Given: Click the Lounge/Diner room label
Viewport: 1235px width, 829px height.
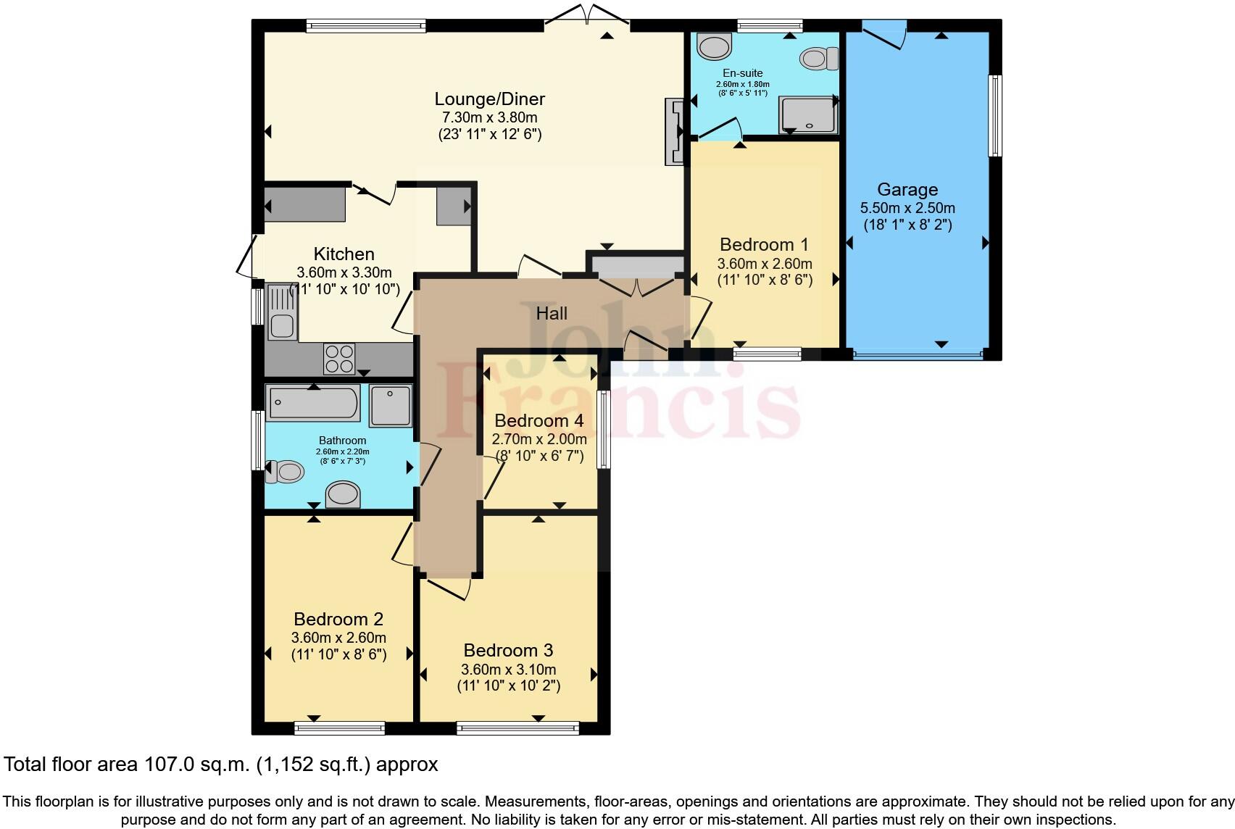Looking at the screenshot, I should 489,99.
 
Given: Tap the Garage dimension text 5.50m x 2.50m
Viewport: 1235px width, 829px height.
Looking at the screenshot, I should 907,208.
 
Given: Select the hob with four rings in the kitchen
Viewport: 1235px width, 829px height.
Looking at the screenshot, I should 339,358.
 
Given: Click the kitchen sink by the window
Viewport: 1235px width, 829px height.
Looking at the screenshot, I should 281,312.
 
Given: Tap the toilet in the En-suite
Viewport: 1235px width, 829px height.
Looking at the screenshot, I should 819,58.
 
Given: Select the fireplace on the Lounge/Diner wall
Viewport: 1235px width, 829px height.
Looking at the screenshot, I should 674,132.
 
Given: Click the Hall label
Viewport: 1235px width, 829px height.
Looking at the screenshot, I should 552,314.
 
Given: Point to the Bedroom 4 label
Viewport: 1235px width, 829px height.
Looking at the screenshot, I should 539,421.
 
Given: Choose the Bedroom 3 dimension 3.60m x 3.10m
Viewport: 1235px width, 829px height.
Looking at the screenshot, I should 508,669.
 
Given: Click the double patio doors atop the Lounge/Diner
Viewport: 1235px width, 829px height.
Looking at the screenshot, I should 587,16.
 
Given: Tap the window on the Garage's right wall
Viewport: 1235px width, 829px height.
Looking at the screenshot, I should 995,115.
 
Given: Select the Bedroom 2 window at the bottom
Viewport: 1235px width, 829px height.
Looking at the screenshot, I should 339,728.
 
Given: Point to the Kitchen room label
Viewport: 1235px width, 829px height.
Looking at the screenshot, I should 344,254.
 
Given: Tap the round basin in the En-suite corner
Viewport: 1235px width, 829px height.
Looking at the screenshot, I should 714,47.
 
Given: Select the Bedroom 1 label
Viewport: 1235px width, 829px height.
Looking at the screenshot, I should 764,244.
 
